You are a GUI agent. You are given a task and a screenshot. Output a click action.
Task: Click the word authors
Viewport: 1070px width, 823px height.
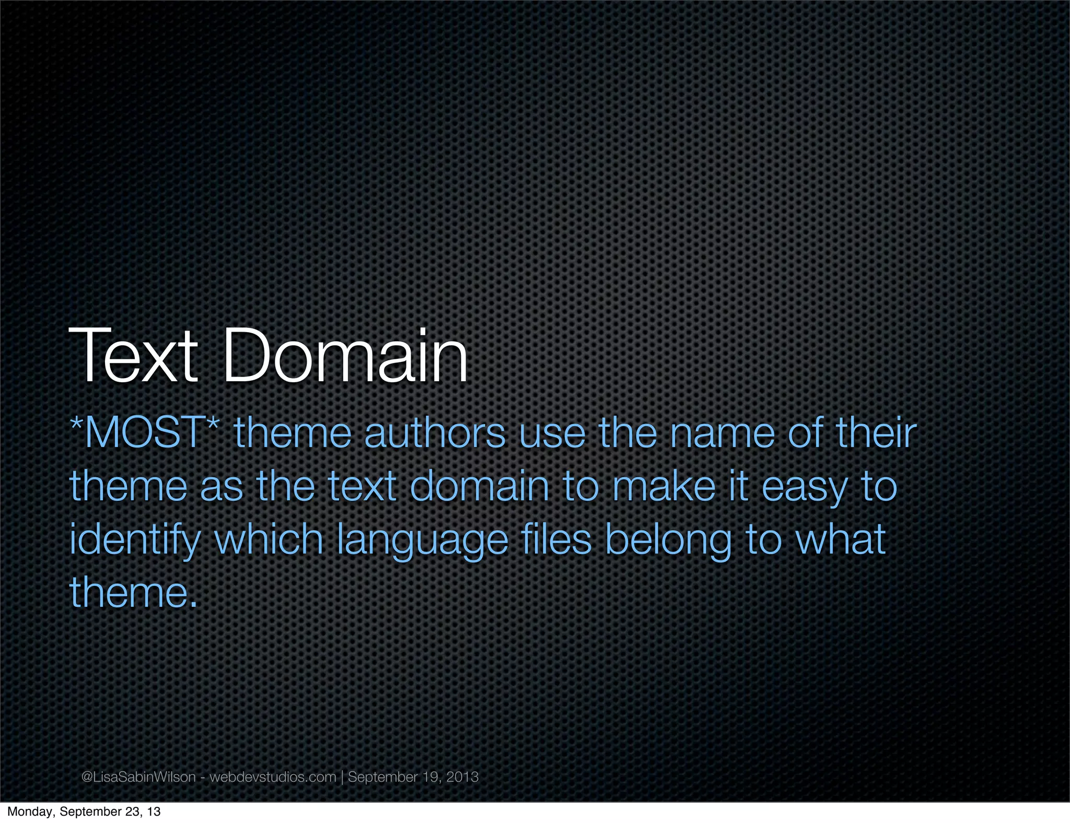[x=435, y=433]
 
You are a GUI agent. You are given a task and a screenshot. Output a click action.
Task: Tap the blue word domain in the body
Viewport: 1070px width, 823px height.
[x=480, y=487]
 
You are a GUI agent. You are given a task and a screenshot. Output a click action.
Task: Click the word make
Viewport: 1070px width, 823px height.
[x=664, y=487]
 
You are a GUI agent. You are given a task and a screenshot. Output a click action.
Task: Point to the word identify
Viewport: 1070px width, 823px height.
[x=135, y=541]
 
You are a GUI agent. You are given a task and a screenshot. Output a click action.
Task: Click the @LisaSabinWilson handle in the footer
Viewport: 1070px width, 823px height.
[x=138, y=777]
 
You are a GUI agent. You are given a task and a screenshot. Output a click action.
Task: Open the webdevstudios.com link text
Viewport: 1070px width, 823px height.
[x=273, y=777]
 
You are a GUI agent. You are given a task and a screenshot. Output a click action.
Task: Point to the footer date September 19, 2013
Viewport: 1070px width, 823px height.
[x=413, y=777]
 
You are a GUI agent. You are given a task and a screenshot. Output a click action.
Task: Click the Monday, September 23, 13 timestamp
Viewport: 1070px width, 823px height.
[x=84, y=812]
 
